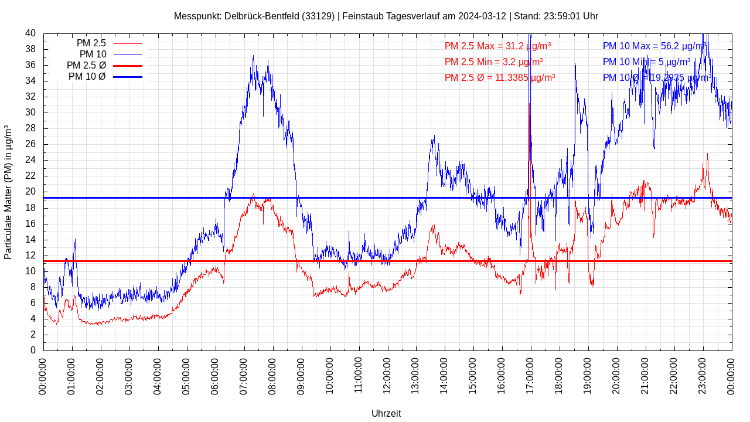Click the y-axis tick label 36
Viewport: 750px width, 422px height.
click(30, 65)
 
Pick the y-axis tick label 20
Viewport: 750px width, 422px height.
click(30, 192)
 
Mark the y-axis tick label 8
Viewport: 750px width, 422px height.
click(33, 287)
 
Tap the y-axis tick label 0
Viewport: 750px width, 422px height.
click(33, 350)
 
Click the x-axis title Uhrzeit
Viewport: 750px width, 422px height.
click(386, 413)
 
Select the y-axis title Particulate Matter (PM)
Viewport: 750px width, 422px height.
click(8, 192)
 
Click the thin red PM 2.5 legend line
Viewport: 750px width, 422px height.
click(127, 43)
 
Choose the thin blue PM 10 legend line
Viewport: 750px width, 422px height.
click(127, 55)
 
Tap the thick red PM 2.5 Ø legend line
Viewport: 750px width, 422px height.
click(127, 66)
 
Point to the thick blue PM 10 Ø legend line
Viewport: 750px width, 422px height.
click(127, 77)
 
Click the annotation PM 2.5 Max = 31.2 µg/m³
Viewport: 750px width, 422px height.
click(497, 46)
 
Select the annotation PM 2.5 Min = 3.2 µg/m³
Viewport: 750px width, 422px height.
click(493, 62)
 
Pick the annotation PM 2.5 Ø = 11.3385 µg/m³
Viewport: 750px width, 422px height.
click(500, 77)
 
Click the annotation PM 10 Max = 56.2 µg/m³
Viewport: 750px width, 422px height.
click(654, 46)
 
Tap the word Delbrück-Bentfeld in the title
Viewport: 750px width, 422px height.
click(261, 16)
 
